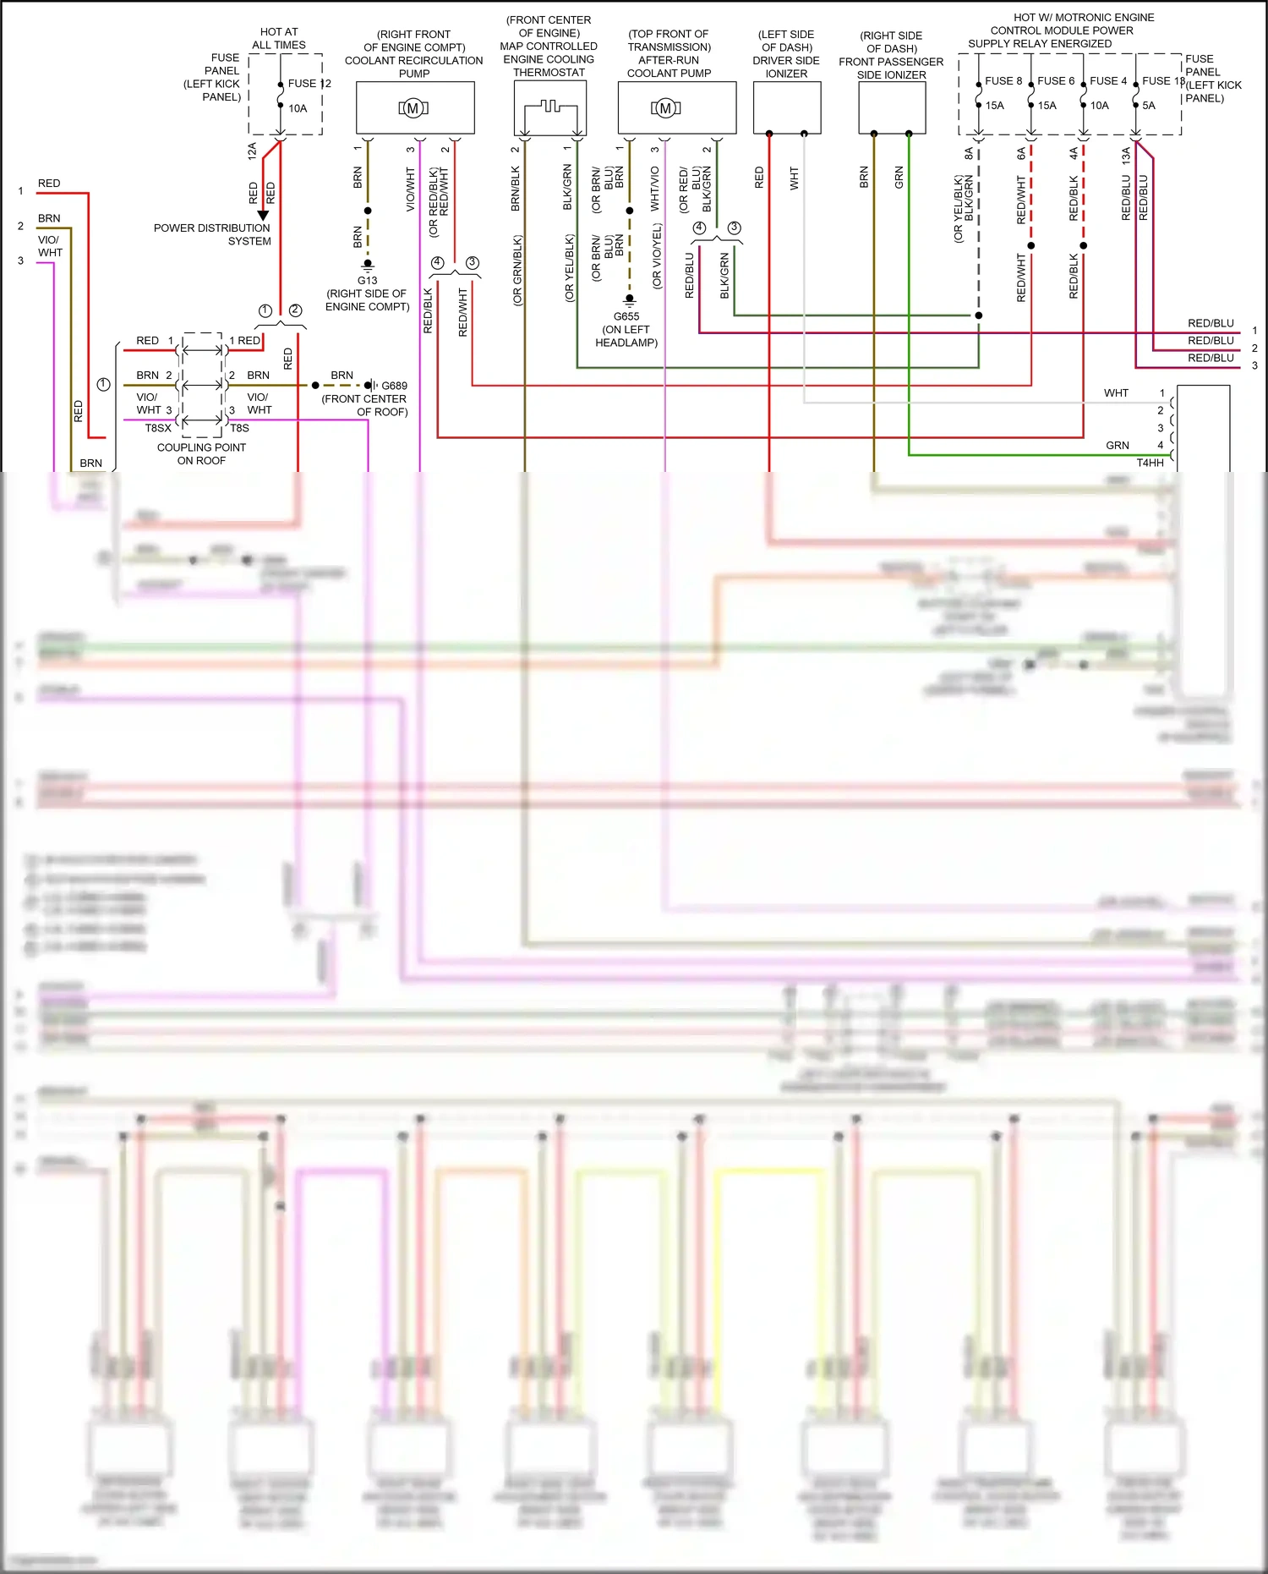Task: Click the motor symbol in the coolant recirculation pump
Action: (x=413, y=108)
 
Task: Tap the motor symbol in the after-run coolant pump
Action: (x=666, y=108)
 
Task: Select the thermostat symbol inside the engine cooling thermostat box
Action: (x=550, y=108)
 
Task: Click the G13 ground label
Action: (x=367, y=280)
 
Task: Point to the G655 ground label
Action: (x=626, y=316)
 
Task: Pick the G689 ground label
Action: (x=394, y=386)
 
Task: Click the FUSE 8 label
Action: (x=1003, y=81)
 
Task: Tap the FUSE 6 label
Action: (x=1056, y=81)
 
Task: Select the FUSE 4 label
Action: (x=1108, y=81)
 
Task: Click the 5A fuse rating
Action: (x=1149, y=106)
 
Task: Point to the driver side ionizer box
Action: (x=787, y=107)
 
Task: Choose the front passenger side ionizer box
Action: (x=892, y=107)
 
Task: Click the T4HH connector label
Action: (x=1150, y=463)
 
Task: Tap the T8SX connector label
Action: (x=158, y=428)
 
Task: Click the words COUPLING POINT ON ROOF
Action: (x=201, y=454)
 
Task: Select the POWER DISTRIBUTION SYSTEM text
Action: (x=212, y=234)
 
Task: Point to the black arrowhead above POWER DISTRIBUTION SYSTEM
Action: (x=263, y=216)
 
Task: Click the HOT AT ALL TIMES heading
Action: (x=279, y=39)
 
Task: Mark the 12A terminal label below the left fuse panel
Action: (x=252, y=151)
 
